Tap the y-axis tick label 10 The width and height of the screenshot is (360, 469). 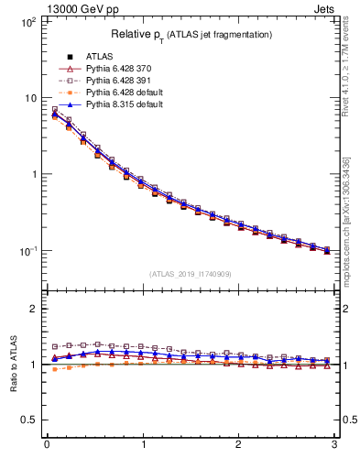29,98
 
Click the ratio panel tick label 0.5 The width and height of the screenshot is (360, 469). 27,420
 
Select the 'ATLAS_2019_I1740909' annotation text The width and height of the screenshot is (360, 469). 191,274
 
